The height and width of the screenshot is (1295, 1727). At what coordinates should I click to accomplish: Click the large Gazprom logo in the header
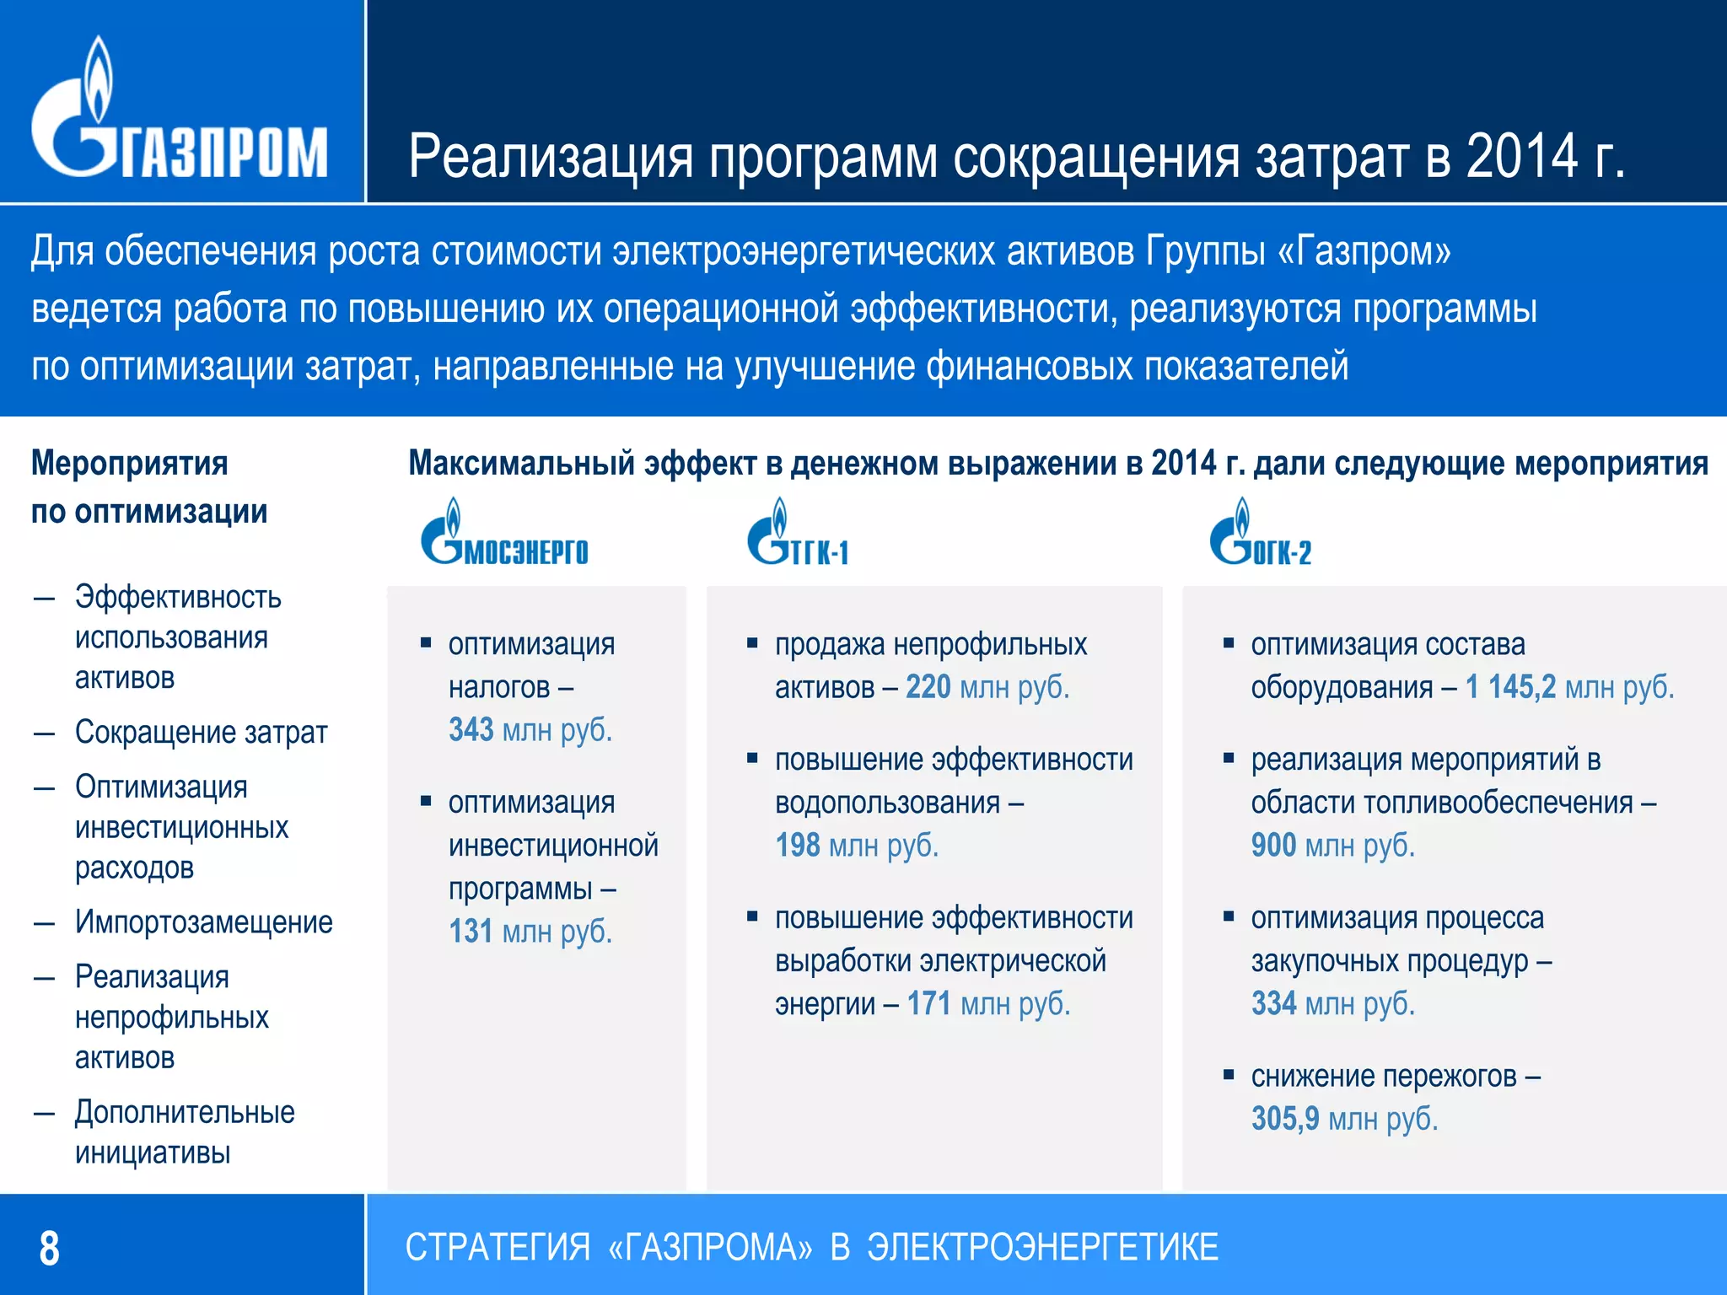tap(179, 110)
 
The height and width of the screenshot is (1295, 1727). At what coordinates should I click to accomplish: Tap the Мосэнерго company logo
tap(504, 533)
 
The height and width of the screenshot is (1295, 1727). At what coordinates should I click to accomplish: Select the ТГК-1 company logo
tap(798, 533)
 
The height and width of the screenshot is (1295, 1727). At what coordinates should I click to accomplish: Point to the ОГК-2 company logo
tap(1261, 533)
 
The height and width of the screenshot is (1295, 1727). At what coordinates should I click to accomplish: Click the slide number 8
tap(50, 1249)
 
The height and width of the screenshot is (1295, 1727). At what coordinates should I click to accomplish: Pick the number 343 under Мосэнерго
tap(471, 730)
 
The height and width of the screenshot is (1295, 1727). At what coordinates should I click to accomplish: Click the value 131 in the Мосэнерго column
tap(471, 932)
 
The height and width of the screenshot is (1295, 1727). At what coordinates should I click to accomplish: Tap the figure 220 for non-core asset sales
tap(928, 688)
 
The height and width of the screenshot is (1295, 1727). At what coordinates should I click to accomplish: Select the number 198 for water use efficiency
tap(798, 846)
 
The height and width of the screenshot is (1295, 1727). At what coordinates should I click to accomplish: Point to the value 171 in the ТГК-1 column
tap(929, 1004)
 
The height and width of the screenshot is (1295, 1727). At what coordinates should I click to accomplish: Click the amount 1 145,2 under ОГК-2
tap(1510, 688)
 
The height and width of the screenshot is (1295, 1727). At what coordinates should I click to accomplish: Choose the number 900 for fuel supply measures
tap(1273, 846)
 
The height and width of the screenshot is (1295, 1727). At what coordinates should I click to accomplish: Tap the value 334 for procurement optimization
tap(1273, 1004)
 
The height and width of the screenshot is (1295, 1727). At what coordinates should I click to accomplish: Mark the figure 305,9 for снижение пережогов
tap(1285, 1120)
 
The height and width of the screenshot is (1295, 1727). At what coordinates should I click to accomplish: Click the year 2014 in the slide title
tap(1521, 157)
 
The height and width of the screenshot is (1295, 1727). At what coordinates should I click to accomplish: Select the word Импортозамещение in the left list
tap(203, 922)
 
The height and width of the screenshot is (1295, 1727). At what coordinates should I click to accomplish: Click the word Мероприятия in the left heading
tap(130, 464)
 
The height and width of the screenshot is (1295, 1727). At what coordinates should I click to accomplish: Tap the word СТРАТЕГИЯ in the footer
tap(498, 1248)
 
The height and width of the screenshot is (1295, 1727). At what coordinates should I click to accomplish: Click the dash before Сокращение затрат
tap(44, 733)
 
